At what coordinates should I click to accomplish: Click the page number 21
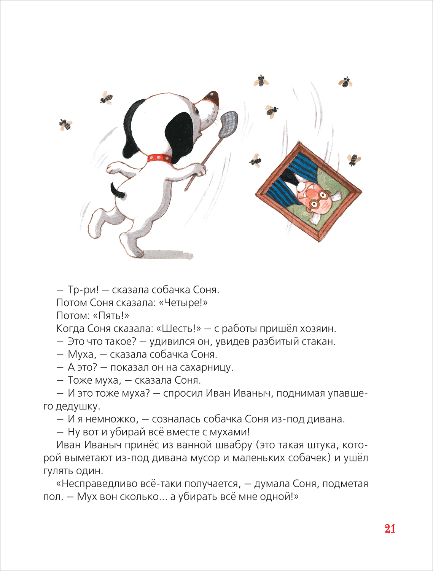click(x=390, y=529)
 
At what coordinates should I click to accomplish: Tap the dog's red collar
click(x=159, y=157)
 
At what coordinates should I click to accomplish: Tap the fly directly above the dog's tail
click(x=106, y=98)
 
